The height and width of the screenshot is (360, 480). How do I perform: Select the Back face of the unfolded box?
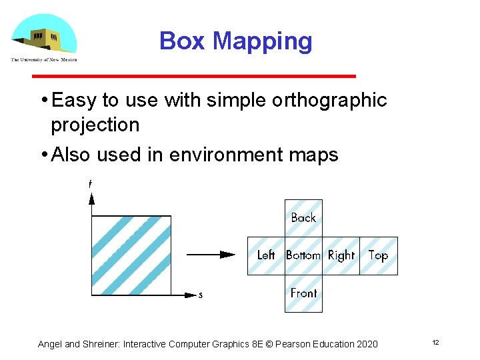point(303,218)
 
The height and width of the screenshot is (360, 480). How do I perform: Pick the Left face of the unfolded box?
point(266,255)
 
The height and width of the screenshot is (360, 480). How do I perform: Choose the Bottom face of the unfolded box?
point(303,255)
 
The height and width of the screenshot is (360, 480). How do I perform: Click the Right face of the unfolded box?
point(341,255)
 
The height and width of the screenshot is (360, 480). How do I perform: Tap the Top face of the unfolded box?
point(378,255)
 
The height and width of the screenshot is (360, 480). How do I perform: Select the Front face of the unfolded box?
point(303,293)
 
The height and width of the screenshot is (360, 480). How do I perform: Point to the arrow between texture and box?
point(211,254)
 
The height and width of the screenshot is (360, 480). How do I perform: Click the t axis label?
point(90,183)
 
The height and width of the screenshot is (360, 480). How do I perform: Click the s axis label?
point(200,295)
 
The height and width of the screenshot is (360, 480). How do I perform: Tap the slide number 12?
point(435,343)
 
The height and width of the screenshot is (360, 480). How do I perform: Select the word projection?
point(95,125)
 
